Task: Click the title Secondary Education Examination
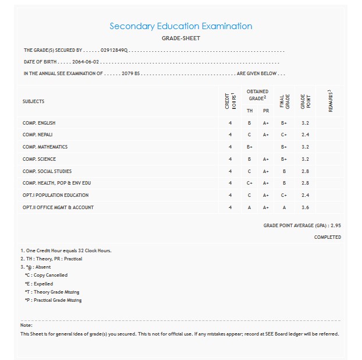pos(180,26)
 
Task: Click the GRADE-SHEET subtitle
pos(180,38)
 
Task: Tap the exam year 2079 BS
pos(129,74)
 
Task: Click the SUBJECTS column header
pos(33,101)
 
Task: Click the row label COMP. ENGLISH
pos(39,123)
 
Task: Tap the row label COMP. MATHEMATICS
pos(45,147)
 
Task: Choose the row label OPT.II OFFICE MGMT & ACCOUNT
pos(58,207)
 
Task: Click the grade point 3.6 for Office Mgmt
pos(306,207)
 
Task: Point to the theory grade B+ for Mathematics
pos(249,147)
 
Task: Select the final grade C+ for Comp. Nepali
pos(284,135)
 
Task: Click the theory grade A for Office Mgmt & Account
pos(249,207)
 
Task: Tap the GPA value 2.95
pos(335,224)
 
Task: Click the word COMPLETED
pos(328,237)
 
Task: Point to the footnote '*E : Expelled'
pos(38,284)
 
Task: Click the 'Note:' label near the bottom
pos(26,325)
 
